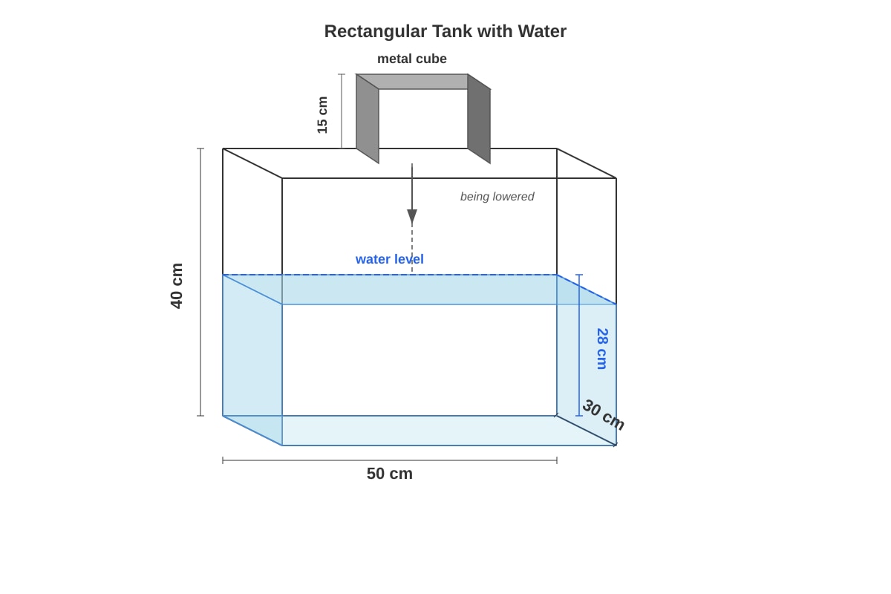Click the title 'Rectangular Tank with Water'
pyautogui.click(x=445, y=31)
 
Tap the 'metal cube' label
pyautogui.click(x=412, y=59)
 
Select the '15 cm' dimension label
pyautogui.click(x=322, y=115)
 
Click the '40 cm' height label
pyautogui.click(x=177, y=286)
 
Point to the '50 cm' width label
pyautogui.click(x=390, y=474)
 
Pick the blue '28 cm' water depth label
pyautogui.click(x=602, y=349)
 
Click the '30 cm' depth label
pyautogui.click(x=604, y=415)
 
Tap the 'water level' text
pyautogui.click(x=390, y=259)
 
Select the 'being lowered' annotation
pyautogui.click(x=497, y=197)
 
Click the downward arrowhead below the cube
pyautogui.click(x=412, y=217)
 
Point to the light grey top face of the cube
pyautogui.click(x=423, y=82)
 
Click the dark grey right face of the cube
pyautogui.click(x=479, y=119)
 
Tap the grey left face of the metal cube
pyautogui.click(x=368, y=119)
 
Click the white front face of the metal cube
pyautogui.click(x=423, y=119)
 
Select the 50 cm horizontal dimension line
pyautogui.click(x=390, y=460)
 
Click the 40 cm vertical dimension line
pyautogui.click(x=200, y=282)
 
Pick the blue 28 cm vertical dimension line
pyautogui.click(x=579, y=345)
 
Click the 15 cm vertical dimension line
pyautogui.click(x=342, y=111)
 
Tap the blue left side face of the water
pyautogui.click(x=252, y=360)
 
